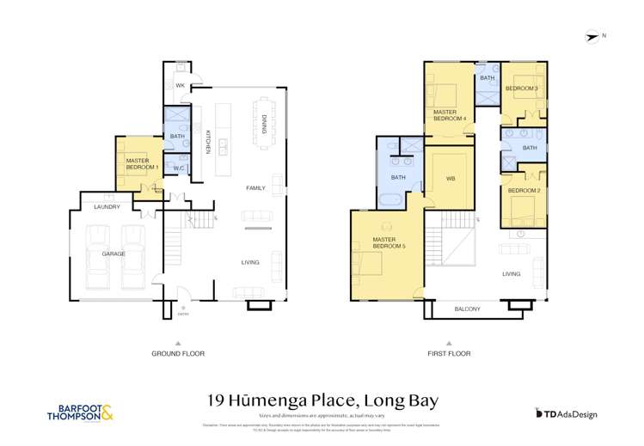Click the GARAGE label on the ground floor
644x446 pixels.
(x=114, y=254)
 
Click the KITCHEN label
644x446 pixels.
(x=208, y=141)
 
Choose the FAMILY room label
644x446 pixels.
(x=255, y=187)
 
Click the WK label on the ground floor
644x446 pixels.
(x=180, y=87)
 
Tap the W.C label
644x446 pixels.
(x=178, y=168)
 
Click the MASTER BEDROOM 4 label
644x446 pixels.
(x=450, y=115)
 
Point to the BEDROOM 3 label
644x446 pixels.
(x=521, y=89)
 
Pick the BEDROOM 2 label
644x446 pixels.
(x=523, y=190)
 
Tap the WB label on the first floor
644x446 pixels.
(x=450, y=179)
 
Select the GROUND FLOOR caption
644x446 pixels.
(x=177, y=353)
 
